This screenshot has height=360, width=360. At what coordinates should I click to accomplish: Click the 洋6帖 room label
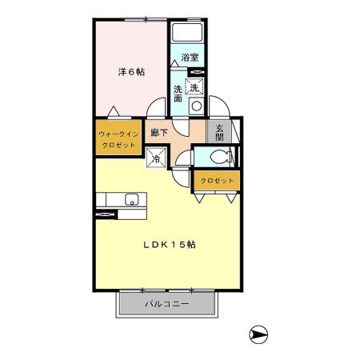coord(131,72)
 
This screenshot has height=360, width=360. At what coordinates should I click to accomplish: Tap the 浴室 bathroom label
coord(190,57)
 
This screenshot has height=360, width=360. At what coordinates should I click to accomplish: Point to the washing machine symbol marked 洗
coord(194,88)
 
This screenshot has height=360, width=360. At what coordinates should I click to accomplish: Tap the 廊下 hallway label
coord(158,133)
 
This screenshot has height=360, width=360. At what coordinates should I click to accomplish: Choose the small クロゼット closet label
coord(217,182)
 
